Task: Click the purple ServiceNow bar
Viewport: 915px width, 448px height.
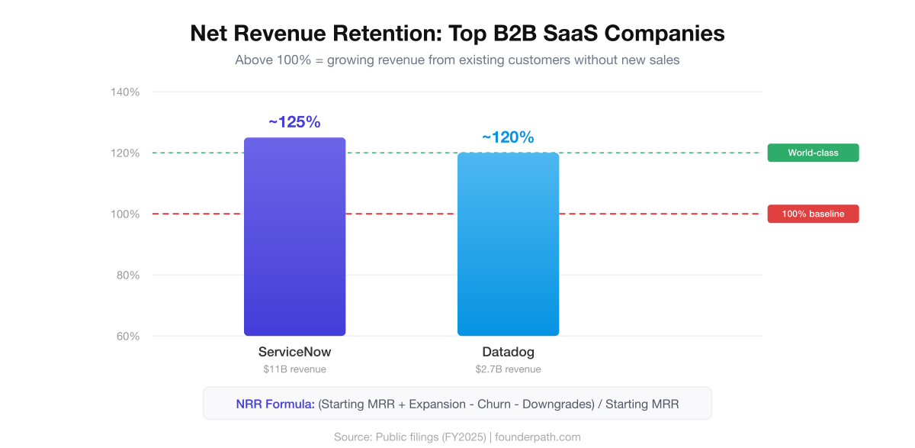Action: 294,237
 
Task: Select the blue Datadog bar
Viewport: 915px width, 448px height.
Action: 508,244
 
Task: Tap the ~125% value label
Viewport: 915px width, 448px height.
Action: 294,122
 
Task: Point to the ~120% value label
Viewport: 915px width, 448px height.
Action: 508,137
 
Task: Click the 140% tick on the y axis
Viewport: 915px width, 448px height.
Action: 126,92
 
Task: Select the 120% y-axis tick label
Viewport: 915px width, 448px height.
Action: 126,153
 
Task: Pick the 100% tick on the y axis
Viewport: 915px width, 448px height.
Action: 126,214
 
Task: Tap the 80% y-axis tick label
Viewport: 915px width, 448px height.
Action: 128,276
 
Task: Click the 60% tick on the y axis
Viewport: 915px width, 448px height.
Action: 128,337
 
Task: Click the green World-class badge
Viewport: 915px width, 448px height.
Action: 813,153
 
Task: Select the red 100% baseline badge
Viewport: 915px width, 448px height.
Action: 813,214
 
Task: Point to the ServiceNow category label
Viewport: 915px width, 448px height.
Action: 294,353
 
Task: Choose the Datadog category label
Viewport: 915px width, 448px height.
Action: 508,353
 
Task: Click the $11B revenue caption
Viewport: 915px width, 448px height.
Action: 294,369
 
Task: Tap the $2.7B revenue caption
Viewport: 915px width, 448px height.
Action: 508,369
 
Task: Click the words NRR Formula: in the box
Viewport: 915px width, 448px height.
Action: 275,404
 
